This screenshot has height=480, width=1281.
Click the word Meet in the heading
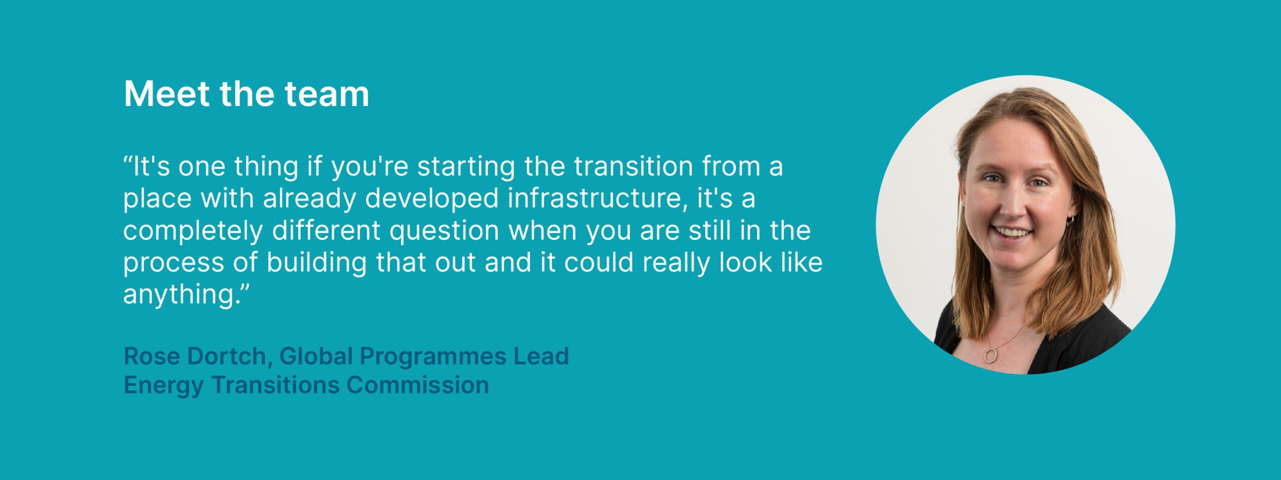click(x=167, y=93)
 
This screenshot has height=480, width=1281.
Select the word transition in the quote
click(x=633, y=166)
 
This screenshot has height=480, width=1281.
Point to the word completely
click(x=193, y=231)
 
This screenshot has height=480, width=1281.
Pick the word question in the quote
click(x=444, y=231)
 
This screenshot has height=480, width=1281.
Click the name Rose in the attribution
click(x=152, y=356)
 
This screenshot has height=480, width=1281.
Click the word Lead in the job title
click(x=541, y=356)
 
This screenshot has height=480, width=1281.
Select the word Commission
click(x=417, y=385)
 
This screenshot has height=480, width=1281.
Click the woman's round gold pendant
click(x=990, y=355)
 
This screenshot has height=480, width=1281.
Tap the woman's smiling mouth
click(x=1012, y=232)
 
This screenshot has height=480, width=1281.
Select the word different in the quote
click(x=326, y=231)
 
